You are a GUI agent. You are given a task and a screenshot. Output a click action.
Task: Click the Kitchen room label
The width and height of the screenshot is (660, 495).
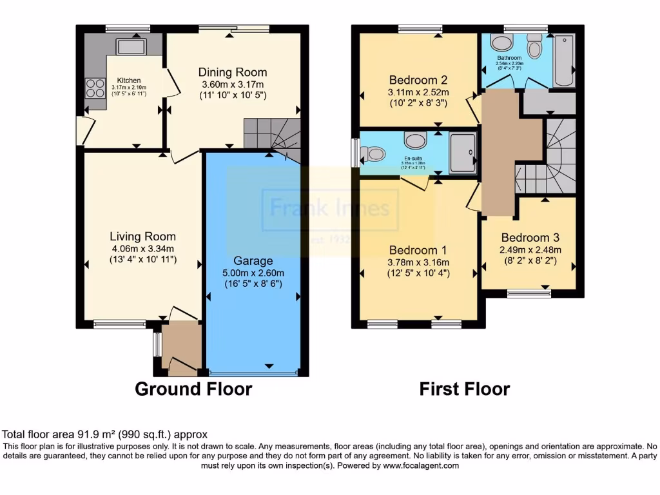128,81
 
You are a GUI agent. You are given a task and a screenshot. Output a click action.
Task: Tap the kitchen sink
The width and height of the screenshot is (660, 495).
131,46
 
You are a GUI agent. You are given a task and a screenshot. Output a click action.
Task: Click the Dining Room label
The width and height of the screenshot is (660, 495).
232,72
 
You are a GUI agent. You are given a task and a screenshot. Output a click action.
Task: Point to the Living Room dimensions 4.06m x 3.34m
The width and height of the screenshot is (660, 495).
142,248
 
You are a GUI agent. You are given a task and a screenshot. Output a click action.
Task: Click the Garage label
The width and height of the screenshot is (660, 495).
253,261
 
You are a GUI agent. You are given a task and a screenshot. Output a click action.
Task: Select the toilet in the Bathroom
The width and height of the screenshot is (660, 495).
534,46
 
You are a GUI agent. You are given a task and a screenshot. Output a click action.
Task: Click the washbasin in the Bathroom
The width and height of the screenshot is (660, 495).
500,43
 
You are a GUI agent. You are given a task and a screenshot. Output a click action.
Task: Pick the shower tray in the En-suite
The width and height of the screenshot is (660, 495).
463,153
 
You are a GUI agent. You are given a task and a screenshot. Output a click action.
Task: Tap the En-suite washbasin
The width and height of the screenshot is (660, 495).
414,140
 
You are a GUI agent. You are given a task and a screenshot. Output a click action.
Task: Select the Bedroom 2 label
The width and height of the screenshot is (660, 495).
418,81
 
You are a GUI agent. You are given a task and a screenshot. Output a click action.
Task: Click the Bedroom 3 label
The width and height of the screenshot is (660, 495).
529,237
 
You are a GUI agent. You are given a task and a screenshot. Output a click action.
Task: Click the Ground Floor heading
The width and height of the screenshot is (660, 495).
193,389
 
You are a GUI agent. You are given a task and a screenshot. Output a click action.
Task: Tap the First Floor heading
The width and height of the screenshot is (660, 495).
464,389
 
